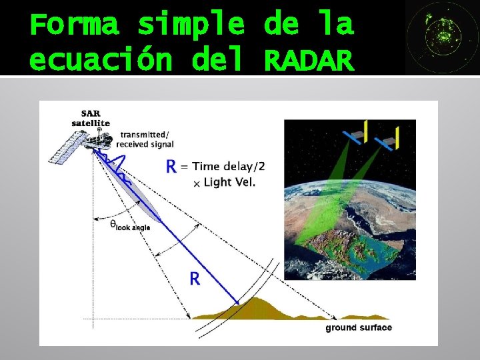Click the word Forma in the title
click(x=74, y=25)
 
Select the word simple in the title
click(x=191, y=25)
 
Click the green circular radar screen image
click(x=441, y=37)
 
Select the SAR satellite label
click(x=91, y=118)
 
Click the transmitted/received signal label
click(x=145, y=139)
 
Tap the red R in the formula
click(x=171, y=167)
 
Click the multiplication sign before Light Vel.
click(x=196, y=183)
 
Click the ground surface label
click(x=359, y=327)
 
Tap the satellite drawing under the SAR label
click(x=79, y=145)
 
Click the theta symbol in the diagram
click(x=113, y=223)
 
